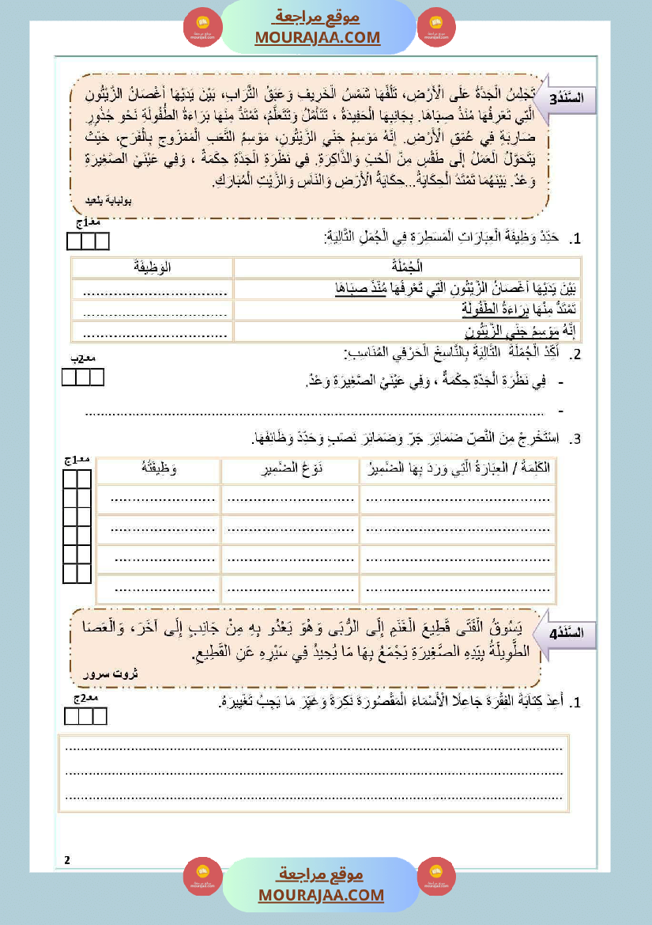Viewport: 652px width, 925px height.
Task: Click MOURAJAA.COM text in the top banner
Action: coord(318,37)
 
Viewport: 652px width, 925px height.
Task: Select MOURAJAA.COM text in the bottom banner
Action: coord(321,895)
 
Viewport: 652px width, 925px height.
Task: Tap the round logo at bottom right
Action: coord(436,877)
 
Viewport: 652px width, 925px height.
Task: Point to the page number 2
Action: coord(68,860)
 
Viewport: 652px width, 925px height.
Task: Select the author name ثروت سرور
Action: coord(111,673)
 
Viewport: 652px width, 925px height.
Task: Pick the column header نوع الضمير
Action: coord(289,470)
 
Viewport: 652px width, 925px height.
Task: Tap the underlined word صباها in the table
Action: coord(354,289)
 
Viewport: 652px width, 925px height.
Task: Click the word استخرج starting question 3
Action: coord(537,438)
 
